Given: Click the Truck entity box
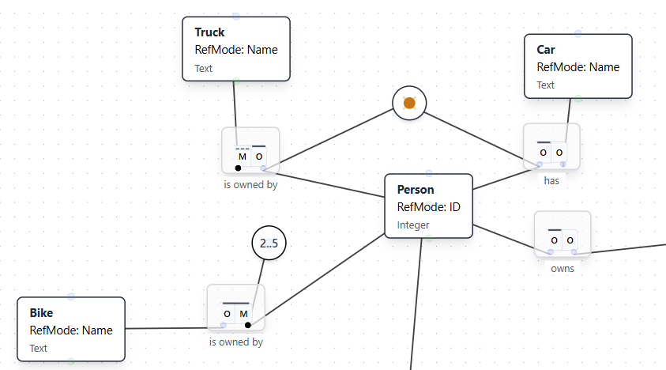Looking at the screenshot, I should tap(235, 49).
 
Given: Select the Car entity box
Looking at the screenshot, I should tap(578, 66).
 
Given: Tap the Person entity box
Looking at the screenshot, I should tap(428, 206).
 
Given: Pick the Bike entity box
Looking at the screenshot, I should tap(70, 329).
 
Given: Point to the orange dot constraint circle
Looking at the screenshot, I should tap(409, 104).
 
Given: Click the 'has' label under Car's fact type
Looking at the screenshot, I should tap(551, 180).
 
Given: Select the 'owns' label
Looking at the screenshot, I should tap(563, 268).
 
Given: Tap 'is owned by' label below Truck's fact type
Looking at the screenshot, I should tap(250, 185).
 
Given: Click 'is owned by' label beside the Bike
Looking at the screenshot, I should tap(236, 342).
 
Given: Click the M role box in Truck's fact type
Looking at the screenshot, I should tap(243, 157).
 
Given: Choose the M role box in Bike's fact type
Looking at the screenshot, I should tap(244, 314).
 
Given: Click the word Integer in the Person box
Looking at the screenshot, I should tap(413, 225).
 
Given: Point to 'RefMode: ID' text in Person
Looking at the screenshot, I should tap(428, 207).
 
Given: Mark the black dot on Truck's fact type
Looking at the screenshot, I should tap(239, 168).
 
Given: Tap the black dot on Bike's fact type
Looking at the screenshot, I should tap(248, 325).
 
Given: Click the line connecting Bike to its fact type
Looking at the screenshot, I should tap(166, 328).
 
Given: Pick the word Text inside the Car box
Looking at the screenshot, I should tap(546, 85).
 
